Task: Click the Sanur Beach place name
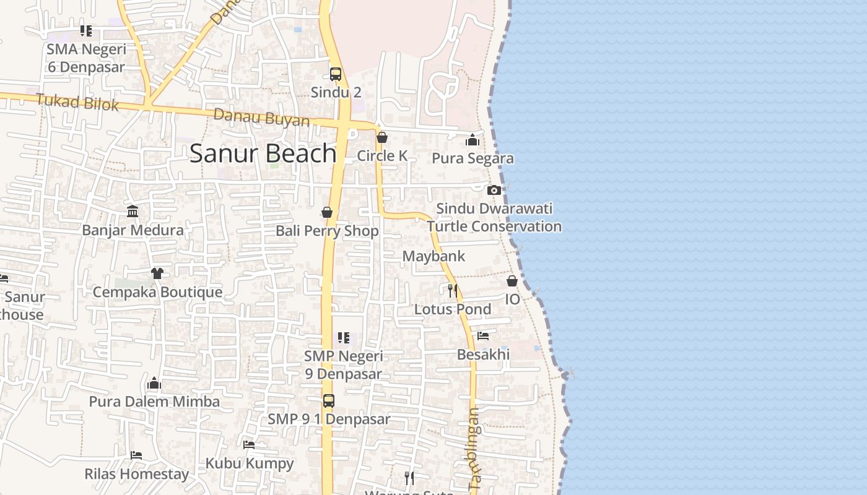pyautogui.click(x=263, y=153)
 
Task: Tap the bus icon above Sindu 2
pyautogui.click(x=336, y=74)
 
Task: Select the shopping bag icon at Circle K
pyautogui.click(x=382, y=137)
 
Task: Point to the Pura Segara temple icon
pyautogui.click(x=473, y=140)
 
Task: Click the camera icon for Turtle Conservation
pyautogui.click(x=494, y=190)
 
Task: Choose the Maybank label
pyautogui.click(x=434, y=256)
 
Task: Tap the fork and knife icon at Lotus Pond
pyautogui.click(x=453, y=290)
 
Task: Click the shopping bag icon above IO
pyautogui.click(x=512, y=281)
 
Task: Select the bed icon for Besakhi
pyautogui.click(x=483, y=336)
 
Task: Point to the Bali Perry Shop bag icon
pyautogui.click(x=327, y=213)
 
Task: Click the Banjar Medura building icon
pyautogui.click(x=133, y=212)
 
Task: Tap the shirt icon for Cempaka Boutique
pyautogui.click(x=157, y=273)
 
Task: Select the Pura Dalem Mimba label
pyautogui.click(x=154, y=402)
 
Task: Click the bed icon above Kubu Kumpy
pyautogui.click(x=249, y=445)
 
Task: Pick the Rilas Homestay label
pyautogui.click(x=136, y=475)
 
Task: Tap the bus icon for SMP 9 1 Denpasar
pyautogui.click(x=328, y=400)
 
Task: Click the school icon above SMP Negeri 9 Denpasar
pyautogui.click(x=343, y=338)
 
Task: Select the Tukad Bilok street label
pyautogui.click(x=77, y=102)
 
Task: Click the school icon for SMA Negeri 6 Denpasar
pyautogui.click(x=86, y=30)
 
